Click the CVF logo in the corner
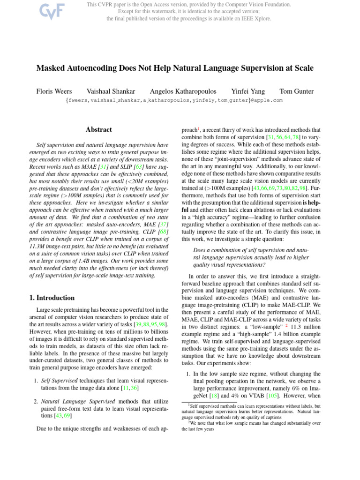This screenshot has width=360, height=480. (x=39, y=10)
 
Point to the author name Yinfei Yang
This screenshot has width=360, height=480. (x=248, y=91)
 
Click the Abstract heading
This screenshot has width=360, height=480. (x=99, y=129)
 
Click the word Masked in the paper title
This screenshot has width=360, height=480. (x=52, y=68)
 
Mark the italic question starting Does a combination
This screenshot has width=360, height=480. (x=251, y=257)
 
